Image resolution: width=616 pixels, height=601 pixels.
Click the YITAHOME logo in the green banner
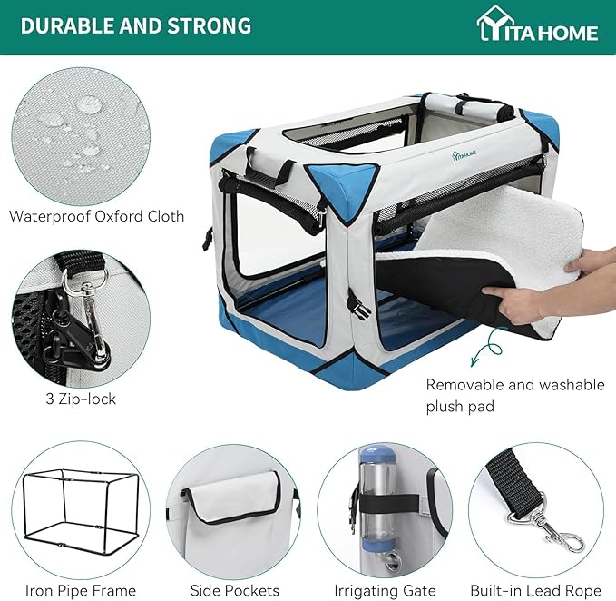coord(537,25)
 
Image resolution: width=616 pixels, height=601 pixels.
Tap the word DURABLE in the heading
coord(67,25)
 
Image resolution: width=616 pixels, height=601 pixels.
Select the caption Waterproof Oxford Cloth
coord(97,217)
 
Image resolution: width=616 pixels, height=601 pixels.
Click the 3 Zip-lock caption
coord(81,399)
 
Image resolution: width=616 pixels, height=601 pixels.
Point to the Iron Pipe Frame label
coord(81,590)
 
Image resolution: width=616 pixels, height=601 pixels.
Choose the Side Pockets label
coord(235,590)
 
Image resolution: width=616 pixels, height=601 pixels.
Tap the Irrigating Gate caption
coord(385,591)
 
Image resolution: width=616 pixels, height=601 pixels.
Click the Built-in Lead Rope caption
coord(536,590)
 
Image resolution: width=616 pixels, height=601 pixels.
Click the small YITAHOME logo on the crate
coord(464,154)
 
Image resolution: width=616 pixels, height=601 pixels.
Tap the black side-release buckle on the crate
coord(358,305)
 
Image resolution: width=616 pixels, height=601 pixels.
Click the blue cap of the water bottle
coord(377,455)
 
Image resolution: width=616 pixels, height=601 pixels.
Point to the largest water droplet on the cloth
coord(89,105)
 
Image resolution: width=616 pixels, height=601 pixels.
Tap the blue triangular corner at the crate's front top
coord(342,189)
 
